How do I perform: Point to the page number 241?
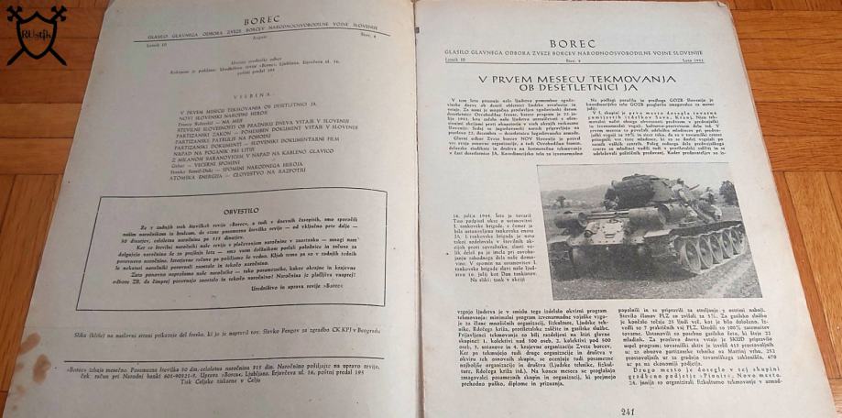pos(628,410)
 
